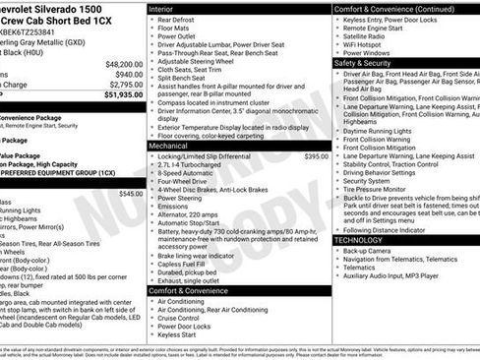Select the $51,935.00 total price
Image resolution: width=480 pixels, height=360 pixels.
[x=116, y=94]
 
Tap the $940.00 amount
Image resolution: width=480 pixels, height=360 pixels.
[x=124, y=74]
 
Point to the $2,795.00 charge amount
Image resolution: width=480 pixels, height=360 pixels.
[x=121, y=85]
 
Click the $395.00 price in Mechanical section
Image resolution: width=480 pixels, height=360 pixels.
[x=316, y=156]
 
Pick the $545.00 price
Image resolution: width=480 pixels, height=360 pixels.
[x=130, y=194]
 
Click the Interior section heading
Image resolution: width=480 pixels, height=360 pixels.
[x=161, y=8]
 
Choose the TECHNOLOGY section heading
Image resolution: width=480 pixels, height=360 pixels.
[x=358, y=240]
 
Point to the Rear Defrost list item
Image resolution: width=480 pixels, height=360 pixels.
[x=177, y=20]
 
